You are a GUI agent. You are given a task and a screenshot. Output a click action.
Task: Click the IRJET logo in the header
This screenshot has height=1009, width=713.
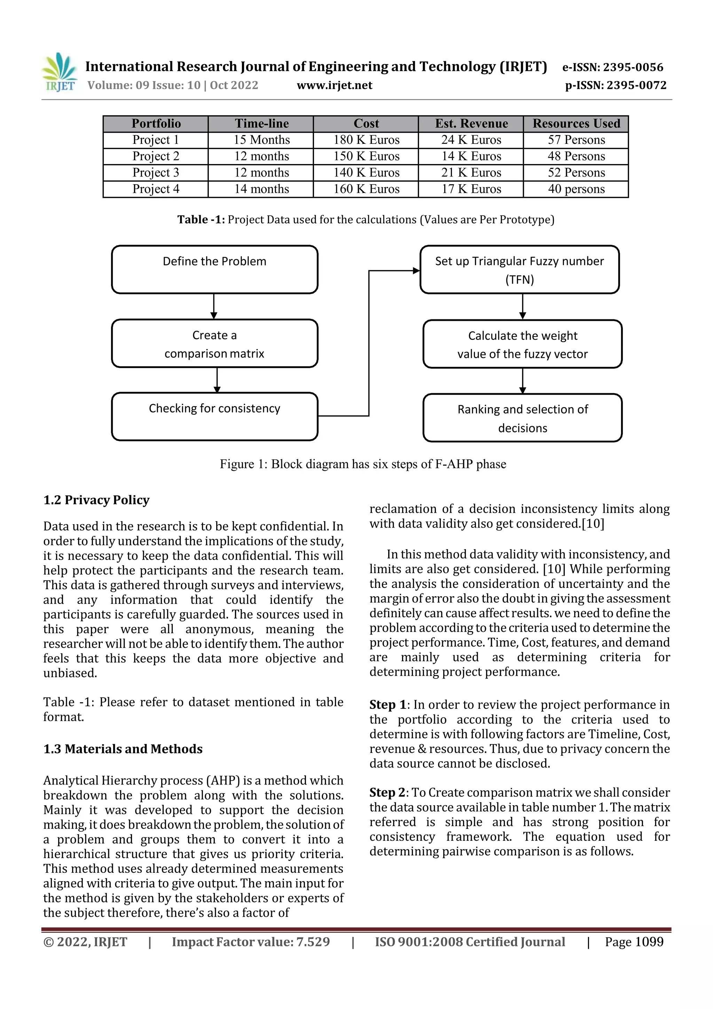[59, 72]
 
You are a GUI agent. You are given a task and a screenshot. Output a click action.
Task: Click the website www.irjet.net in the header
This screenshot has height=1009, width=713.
[334, 85]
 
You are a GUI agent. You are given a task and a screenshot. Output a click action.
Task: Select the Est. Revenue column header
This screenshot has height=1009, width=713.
[471, 124]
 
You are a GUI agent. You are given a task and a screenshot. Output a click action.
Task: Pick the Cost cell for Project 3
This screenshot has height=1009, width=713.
[366, 172]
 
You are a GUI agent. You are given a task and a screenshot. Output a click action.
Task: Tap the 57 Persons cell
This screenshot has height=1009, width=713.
[576, 140]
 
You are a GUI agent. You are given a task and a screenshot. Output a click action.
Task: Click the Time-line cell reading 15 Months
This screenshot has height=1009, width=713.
[261, 140]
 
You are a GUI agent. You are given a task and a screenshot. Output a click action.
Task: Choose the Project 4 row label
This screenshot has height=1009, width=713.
[156, 189]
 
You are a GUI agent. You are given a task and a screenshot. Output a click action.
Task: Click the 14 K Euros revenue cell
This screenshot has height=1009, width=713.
[471, 156]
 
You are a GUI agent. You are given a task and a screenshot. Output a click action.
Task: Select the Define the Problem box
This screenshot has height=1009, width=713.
[214, 269]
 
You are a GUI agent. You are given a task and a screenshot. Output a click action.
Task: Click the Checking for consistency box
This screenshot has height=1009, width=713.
[214, 416]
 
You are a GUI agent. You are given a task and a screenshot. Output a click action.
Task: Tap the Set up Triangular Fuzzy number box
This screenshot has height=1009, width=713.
[519, 269]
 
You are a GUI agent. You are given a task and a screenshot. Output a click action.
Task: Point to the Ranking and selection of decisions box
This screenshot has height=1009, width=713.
[522, 418]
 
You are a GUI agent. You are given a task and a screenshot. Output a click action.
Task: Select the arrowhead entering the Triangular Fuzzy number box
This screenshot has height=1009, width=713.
[416, 271]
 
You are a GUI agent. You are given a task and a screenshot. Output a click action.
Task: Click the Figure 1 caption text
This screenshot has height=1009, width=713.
[363, 464]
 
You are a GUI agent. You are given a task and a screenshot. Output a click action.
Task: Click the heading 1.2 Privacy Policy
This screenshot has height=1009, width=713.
[96, 500]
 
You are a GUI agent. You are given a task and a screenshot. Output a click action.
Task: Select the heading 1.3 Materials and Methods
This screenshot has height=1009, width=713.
[123, 749]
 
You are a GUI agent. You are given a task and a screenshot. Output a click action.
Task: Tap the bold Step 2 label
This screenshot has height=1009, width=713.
[387, 792]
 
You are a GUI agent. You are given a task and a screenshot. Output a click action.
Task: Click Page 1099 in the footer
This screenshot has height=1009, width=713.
[634, 942]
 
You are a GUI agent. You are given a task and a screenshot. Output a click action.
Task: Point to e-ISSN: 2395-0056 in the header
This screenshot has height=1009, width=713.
[612, 67]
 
